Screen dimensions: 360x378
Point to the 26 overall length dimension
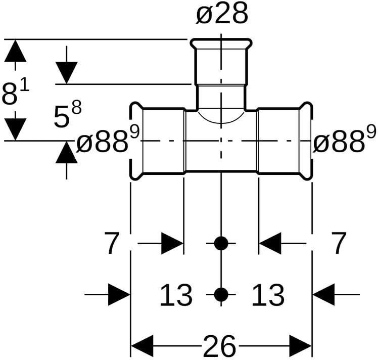click(x=220, y=347)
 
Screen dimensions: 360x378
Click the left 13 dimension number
click(x=176, y=295)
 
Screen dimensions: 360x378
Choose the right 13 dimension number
click(x=267, y=295)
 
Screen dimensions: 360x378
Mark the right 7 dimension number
click(x=340, y=244)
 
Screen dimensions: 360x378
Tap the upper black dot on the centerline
click(x=221, y=243)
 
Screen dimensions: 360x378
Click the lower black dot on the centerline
click(x=221, y=294)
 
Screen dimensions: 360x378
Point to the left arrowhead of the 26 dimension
click(x=141, y=347)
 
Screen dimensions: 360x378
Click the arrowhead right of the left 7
click(x=172, y=244)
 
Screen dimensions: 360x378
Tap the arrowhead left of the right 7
click(x=270, y=244)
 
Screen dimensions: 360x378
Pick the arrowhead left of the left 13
click(x=119, y=294)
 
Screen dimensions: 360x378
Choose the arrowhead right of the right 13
click(x=323, y=294)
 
